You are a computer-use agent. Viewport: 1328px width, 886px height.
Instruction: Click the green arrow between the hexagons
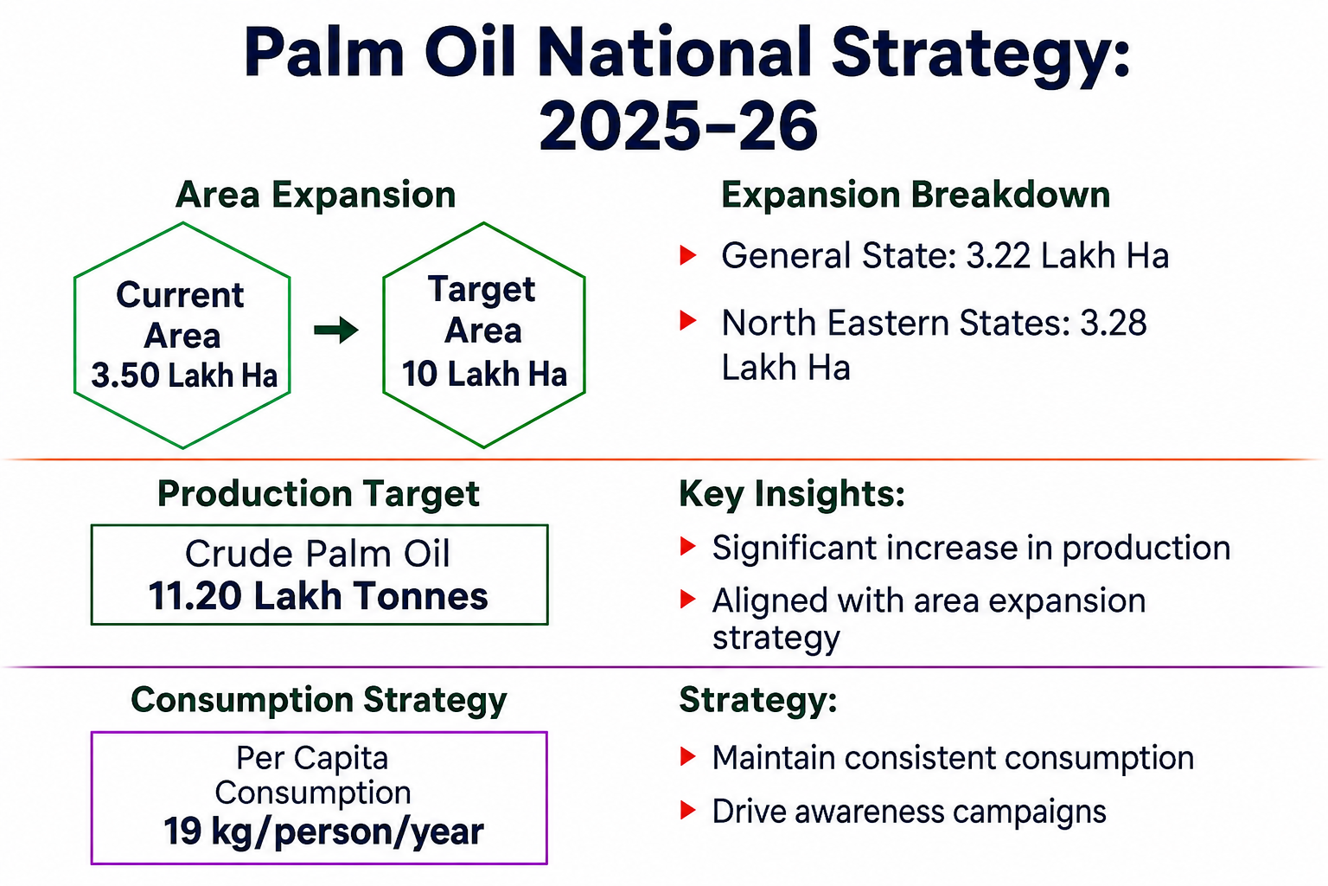pyautogui.click(x=336, y=330)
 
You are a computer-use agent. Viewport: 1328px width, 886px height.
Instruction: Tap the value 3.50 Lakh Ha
pyautogui.click(x=184, y=376)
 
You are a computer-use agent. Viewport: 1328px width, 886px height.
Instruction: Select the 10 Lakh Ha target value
pyautogui.click(x=484, y=375)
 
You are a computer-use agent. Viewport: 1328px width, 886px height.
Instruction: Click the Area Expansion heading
pyautogui.click(x=316, y=195)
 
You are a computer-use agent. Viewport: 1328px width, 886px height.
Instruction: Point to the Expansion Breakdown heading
pyautogui.click(x=916, y=195)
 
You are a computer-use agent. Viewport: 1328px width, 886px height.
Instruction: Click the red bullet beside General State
pyautogui.click(x=687, y=255)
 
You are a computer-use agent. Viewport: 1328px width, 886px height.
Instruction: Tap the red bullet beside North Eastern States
pyautogui.click(x=687, y=320)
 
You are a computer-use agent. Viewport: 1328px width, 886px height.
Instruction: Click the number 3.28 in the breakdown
pyautogui.click(x=1113, y=324)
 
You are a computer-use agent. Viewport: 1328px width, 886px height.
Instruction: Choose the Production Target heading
pyautogui.click(x=318, y=494)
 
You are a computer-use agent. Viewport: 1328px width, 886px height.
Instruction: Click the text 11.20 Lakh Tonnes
pyautogui.click(x=318, y=596)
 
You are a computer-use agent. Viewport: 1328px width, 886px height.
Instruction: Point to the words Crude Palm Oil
pyautogui.click(x=318, y=554)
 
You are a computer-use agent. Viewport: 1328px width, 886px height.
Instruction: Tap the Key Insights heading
pyautogui.click(x=792, y=494)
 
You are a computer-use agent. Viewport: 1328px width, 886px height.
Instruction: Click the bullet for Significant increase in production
pyautogui.click(x=687, y=547)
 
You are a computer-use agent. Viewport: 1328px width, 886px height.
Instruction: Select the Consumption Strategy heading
pyautogui.click(x=319, y=700)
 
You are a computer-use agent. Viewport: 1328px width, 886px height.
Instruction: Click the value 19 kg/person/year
pyautogui.click(x=323, y=831)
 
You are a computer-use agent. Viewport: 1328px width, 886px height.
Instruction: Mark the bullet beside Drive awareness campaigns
pyautogui.click(x=687, y=810)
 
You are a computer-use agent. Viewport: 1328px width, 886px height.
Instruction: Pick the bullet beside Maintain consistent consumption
pyautogui.click(x=687, y=756)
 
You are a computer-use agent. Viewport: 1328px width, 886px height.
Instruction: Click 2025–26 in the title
pyautogui.click(x=679, y=125)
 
